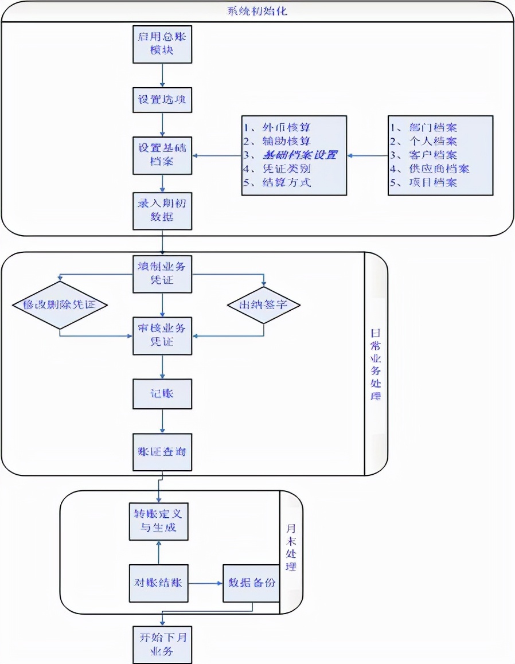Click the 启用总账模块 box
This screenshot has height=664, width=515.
[162, 44]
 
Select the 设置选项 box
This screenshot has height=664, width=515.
[162, 100]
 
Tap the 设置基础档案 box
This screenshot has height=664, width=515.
[162, 155]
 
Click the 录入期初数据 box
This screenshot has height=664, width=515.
[162, 211]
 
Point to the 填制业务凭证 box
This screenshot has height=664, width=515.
[162, 273]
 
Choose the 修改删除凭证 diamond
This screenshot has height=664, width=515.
[60, 305]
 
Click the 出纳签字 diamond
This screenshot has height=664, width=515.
[264, 305]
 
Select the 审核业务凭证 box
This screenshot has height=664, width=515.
[162, 335]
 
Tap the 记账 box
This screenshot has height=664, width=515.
[162, 394]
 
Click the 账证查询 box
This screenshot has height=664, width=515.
[162, 451]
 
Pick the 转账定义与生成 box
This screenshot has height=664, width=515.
[158, 520]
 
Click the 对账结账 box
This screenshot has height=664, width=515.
[158, 583]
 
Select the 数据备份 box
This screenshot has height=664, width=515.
[251, 583]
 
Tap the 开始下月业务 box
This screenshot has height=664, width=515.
[162, 644]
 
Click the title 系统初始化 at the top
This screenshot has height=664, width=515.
[257, 11]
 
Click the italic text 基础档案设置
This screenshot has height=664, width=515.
[299, 155]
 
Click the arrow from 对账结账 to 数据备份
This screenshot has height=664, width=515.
[205, 584]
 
